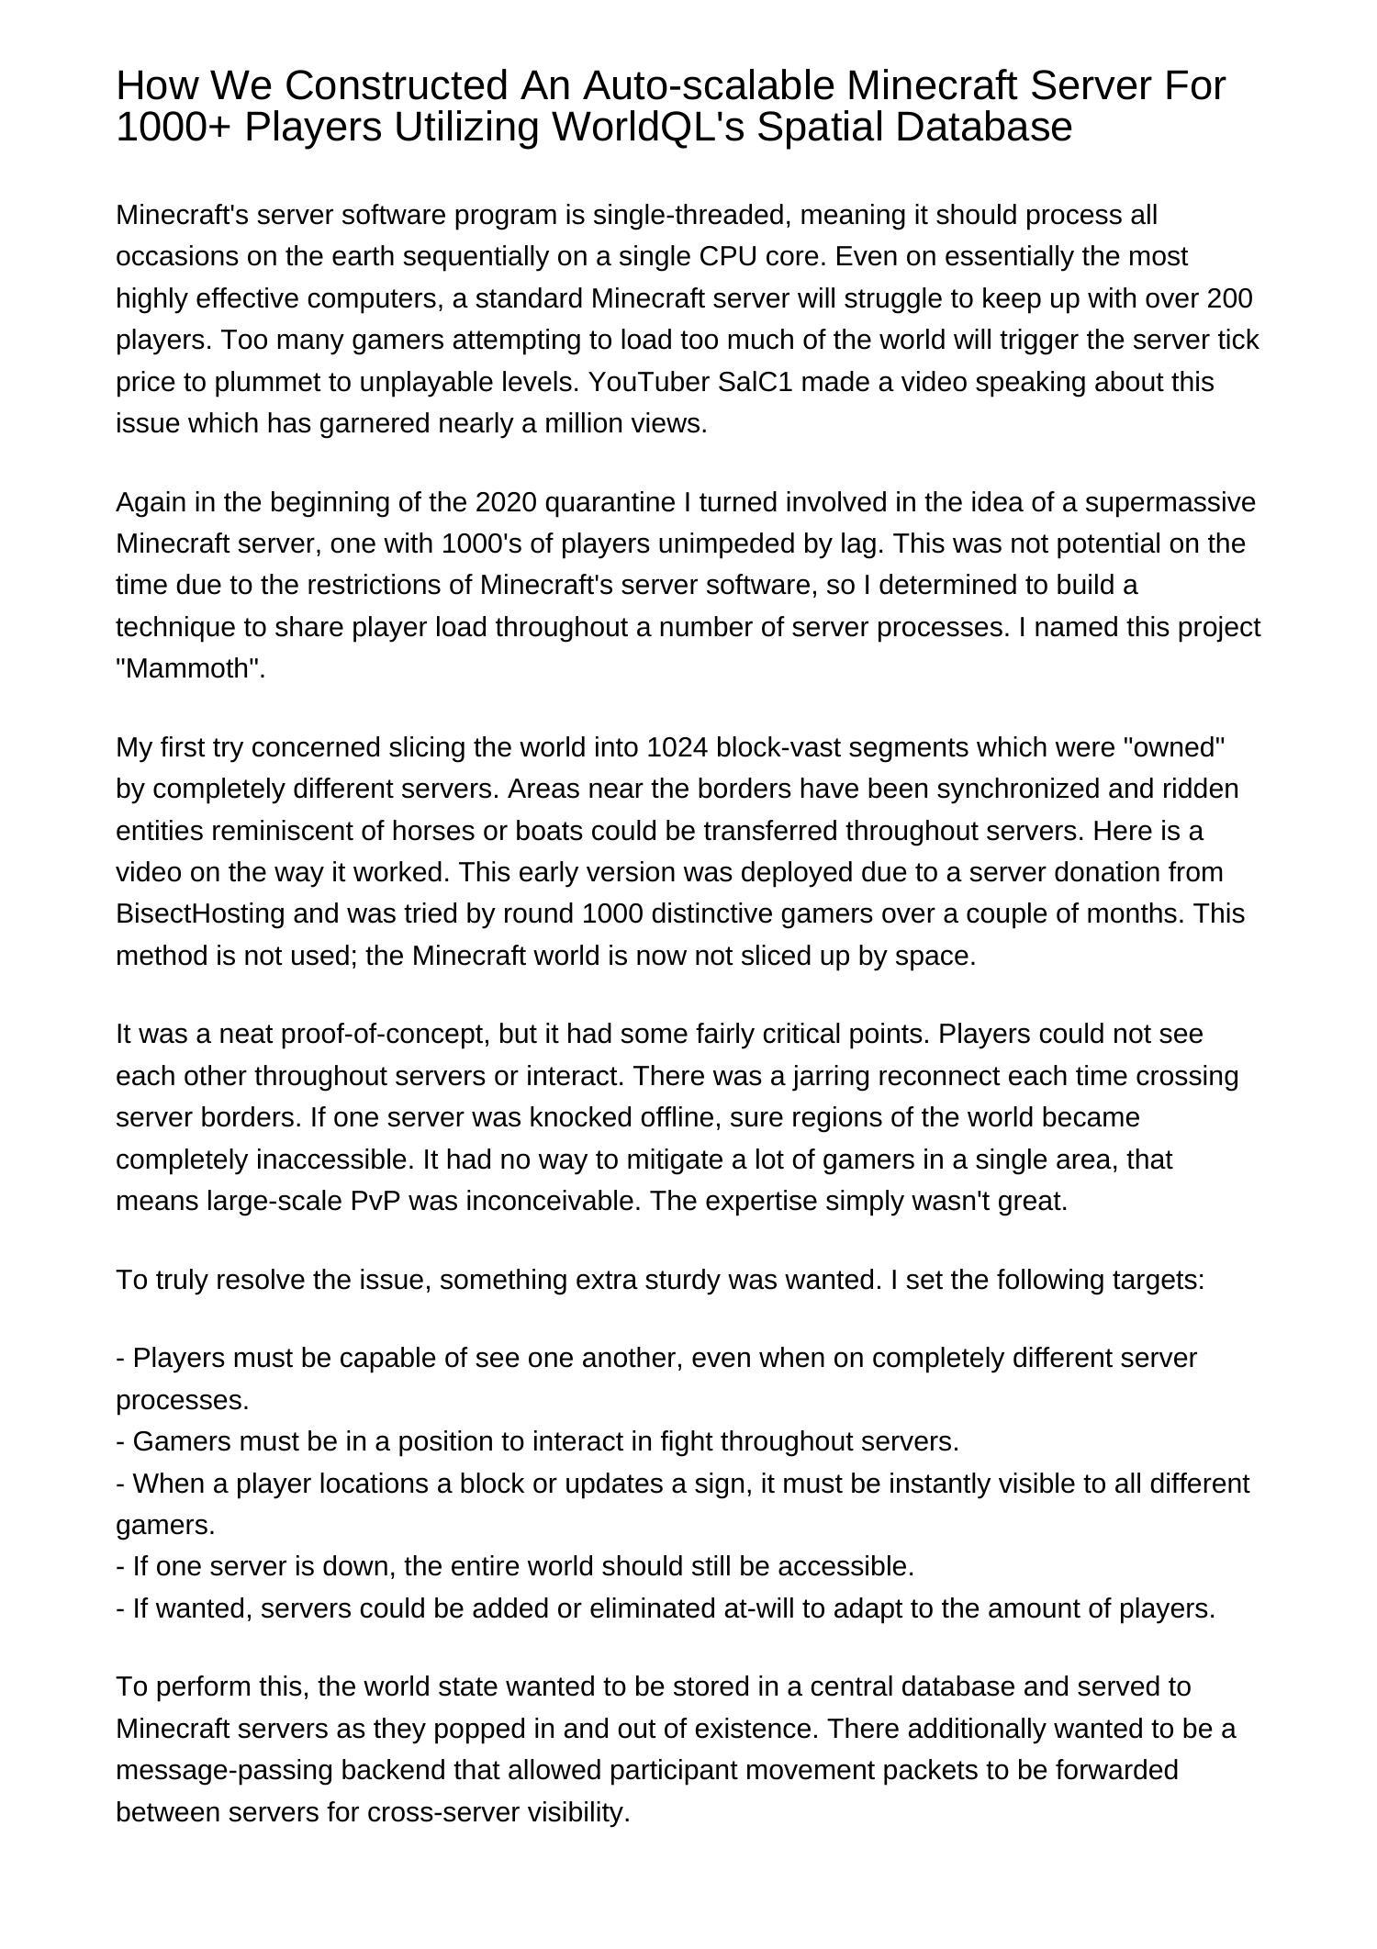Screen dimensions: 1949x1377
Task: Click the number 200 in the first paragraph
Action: coord(1230,298)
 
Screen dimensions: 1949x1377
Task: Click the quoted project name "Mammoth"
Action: coord(190,669)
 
